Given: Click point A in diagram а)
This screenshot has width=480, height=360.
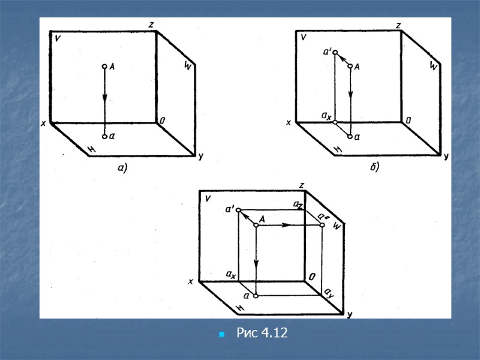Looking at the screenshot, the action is point(104,66).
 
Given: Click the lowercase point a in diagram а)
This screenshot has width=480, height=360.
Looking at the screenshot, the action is point(104,137).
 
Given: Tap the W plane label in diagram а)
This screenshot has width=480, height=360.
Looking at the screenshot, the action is point(188,65).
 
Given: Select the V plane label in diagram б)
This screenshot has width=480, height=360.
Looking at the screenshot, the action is point(303,37).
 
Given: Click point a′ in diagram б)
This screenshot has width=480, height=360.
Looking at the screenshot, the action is point(335,52).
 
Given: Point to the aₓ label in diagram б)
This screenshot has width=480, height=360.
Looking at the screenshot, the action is point(326,116).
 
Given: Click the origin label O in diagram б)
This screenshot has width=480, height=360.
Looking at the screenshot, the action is point(408,121).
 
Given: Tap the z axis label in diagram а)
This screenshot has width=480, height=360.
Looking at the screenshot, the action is point(151,25).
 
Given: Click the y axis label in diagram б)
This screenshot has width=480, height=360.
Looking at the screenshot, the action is point(446,157).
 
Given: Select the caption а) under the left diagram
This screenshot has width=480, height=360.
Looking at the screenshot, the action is point(122,168).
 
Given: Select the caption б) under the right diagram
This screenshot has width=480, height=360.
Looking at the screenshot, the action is point(374,167).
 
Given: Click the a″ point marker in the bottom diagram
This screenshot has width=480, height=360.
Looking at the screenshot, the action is point(322,225).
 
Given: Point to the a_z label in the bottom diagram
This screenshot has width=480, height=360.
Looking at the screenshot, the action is point(298,205).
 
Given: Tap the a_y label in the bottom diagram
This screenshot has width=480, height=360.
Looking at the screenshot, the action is point(329,293).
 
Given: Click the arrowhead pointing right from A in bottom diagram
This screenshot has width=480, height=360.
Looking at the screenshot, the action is point(286,225).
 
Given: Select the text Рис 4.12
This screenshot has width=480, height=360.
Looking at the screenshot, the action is point(262,333).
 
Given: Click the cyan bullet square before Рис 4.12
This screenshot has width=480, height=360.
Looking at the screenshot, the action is point(221,334).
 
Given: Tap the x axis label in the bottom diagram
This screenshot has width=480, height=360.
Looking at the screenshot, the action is point(191,281).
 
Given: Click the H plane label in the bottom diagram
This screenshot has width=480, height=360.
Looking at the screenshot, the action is point(241,308).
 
